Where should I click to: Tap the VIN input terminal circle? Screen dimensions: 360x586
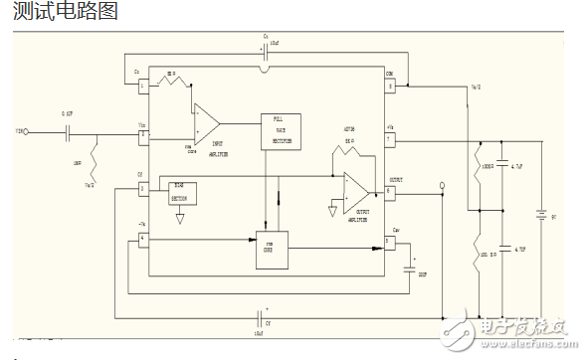click(27, 131)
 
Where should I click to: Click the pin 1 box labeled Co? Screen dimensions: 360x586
click(142, 86)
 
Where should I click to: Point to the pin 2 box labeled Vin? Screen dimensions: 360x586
click(142, 131)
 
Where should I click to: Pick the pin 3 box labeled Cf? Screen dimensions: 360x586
click(142, 187)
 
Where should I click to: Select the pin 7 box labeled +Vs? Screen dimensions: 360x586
click(390, 140)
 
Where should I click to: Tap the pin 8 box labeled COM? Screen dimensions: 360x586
click(390, 86)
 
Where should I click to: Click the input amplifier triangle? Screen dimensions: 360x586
click(206, 121)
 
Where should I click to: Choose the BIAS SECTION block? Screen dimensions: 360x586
click(184, 192)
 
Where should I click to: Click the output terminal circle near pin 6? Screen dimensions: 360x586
click(441, 185)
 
